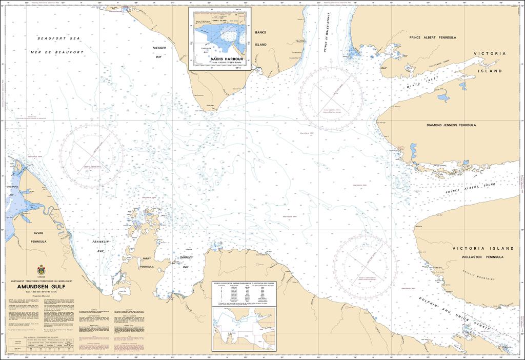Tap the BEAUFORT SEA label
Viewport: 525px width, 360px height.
59,38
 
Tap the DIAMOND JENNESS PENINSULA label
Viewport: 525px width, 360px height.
451,125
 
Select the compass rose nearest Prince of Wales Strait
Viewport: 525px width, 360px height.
331,98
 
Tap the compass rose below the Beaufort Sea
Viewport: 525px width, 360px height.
91,156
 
